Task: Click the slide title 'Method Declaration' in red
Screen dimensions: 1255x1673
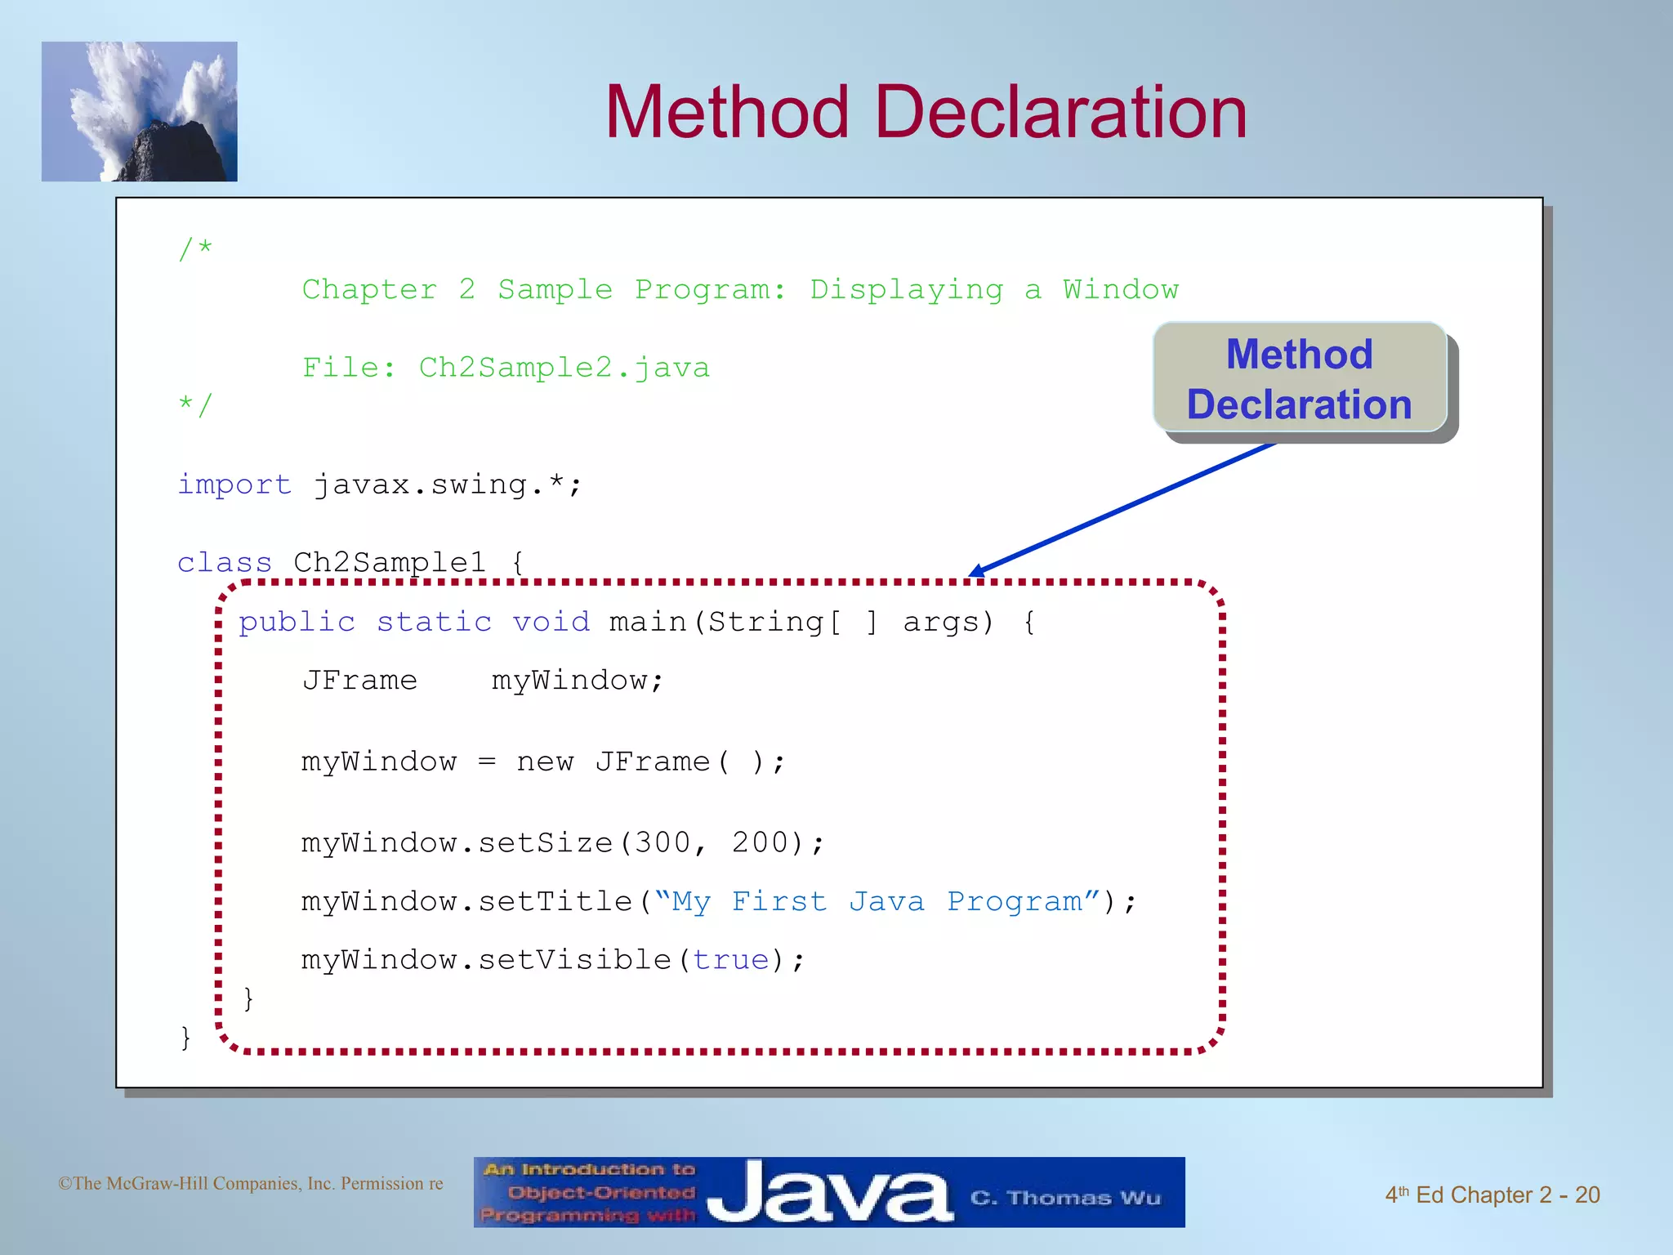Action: click(x=926, y=113)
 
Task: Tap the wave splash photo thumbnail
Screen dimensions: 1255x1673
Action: click(x=140, y=111)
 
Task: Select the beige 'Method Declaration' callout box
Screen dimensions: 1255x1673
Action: click(x=1300, y=378)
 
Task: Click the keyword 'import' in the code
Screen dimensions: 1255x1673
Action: click(x=234, y=485)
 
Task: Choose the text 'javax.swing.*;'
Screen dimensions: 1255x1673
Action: click(x=448, y=485)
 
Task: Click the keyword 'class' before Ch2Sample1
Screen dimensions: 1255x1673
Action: click(x=224, y=562)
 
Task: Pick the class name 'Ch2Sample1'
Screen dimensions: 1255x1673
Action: click(x=390, y=562)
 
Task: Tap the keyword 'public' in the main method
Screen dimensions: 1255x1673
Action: click(x=297, y=623)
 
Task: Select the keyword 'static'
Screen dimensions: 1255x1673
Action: click(x=434, y=623)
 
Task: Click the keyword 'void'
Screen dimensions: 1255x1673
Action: click(x=551, y=623)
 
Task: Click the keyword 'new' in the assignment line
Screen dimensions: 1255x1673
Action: click(x=545, y=761)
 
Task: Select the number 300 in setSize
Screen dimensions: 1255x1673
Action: click(x=663, y=842)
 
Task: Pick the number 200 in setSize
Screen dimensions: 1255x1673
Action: click(x=760, y=842)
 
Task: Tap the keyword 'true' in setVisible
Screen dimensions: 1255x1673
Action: click(x=731, y=960)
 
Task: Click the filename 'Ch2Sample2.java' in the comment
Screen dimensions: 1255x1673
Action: click(x=564, y=368)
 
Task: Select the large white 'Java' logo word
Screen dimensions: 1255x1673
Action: click(x=829, y=1193)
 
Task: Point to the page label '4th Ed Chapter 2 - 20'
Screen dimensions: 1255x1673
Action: click(x=1492, y=1195)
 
